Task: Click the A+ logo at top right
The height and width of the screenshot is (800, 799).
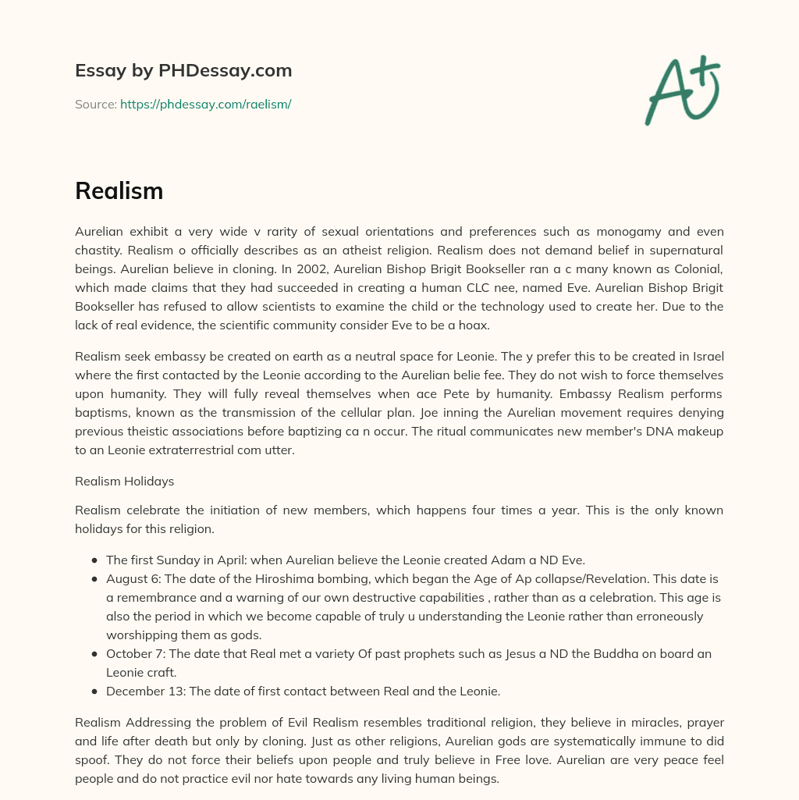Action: [x=681, y=91]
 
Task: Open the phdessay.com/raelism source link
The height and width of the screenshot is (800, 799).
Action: [x=205, y=104]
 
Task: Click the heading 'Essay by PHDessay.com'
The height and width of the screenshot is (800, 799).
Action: [x=183, y=70]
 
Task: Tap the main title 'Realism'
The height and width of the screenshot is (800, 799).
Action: [x=119, y=190]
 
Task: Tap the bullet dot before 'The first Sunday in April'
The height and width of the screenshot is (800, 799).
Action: [x=94, y=560]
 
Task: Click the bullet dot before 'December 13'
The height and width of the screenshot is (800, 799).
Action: [x=94, y=691]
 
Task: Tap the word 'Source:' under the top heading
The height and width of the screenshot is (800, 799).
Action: [x=95, y=104]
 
